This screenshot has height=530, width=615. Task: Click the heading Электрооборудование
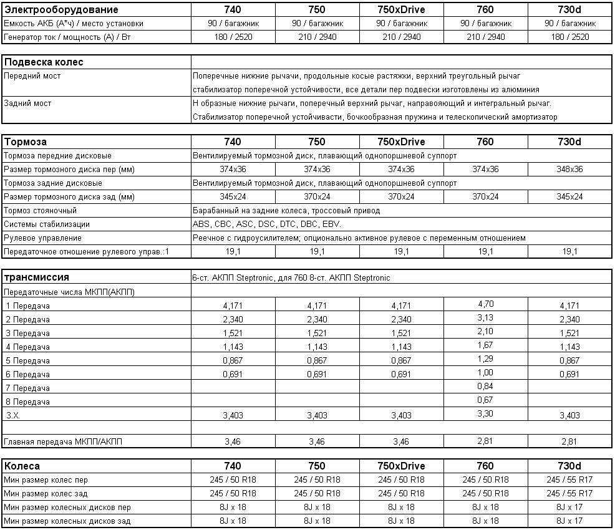click(x=61, y=10)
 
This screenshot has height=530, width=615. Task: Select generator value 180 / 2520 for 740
click(x=232, y=37)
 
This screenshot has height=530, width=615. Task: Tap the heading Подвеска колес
click(x=44, y=62)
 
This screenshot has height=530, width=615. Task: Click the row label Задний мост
click(x=27, y=104)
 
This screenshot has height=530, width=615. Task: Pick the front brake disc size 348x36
click(x=569, y=170)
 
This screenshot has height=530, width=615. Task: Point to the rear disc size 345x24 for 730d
click(x=569, y=197)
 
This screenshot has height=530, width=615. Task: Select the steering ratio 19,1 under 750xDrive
click(x=401, y=252)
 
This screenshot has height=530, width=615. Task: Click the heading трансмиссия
click(x=37, y=277)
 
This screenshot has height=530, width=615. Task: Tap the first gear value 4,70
click(x=485, y=305)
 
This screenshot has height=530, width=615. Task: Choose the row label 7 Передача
click(x=27, y=388)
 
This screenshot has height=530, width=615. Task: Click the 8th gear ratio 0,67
click(x=485, y=400)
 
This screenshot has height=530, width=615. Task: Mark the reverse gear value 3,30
click(x=485, y=413)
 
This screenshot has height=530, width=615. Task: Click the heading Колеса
click(x=22, y=466)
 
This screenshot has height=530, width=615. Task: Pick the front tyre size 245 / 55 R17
click(x=569, y=480)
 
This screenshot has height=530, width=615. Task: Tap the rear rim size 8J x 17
click(x=569, y=521)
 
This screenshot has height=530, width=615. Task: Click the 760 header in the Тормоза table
click(x=485, y=142)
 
